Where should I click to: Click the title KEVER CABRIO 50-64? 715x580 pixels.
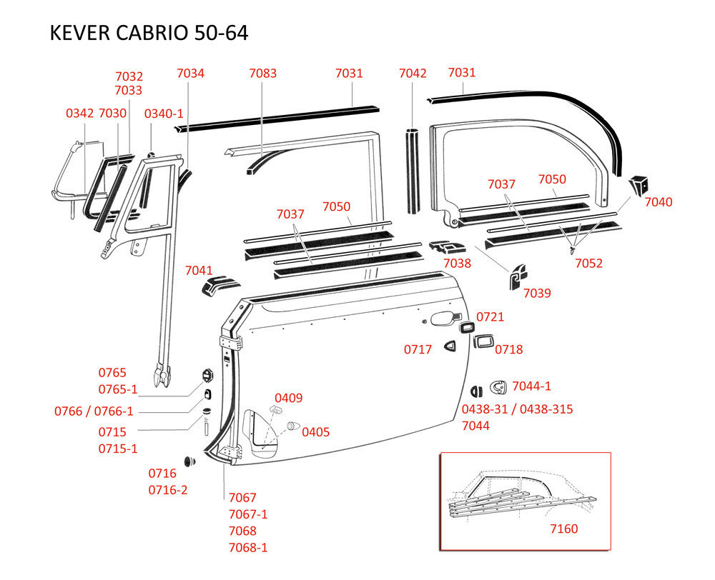pos(149,33)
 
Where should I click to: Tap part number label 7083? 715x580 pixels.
pos(262,73)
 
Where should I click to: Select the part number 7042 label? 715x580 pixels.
pos(413,73)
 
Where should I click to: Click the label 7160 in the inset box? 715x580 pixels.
pos(564,529)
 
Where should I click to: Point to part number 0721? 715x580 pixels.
pos(490,316)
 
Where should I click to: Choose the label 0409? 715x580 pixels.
pos(289,398)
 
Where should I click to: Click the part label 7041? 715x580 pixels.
pos(199,270)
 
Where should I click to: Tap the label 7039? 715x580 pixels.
pos(537,293)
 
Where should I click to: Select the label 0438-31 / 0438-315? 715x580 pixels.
pos(517,409)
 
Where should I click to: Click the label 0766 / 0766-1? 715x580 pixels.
pos(94,411)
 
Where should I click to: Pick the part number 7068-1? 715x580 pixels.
pos(248,547)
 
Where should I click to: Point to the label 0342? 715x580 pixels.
pos(80,113)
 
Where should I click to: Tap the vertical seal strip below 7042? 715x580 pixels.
pos(413,171)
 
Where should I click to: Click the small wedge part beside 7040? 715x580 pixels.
pos(639,184)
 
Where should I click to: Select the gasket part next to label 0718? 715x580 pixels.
pos(483,341)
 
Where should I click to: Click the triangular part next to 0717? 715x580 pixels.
pos(450,346)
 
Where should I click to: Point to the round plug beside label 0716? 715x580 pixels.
pos(189,461)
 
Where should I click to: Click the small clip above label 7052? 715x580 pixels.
pos(573,250)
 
